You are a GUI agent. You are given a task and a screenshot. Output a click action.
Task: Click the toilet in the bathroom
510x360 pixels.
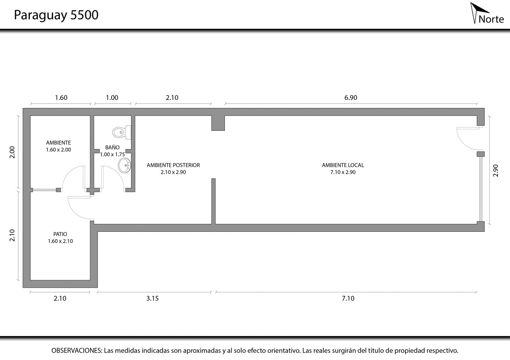tap(122, 132)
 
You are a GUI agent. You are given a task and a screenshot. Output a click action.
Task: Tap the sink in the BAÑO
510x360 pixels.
tap(124, 165)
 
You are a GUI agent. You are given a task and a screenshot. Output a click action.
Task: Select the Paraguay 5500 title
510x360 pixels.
tap(56, 15)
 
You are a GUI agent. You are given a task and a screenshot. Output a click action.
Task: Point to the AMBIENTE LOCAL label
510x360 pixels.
tap(343, 165)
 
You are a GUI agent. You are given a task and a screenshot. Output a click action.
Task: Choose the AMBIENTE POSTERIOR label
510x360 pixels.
tap(173, 165)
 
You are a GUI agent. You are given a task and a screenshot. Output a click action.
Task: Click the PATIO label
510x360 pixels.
tap(60, 234)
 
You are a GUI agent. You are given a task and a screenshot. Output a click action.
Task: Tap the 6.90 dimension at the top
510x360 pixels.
tap(351, 97)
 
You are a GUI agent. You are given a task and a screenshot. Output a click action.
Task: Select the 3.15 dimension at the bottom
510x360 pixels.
tap(152, 298)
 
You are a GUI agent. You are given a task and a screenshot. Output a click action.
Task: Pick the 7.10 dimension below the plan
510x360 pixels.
tap(348, 298)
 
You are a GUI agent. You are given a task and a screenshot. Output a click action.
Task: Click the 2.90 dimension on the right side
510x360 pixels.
tap(496, 170)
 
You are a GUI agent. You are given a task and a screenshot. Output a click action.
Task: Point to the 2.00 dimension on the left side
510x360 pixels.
tap(12, 152)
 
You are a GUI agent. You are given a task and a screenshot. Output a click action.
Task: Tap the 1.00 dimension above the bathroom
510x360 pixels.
tap(112, 97)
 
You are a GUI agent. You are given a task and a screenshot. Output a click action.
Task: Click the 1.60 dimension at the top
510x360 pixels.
tap(61, 97)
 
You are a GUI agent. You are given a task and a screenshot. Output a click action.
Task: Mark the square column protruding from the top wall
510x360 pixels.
tap(218, 123)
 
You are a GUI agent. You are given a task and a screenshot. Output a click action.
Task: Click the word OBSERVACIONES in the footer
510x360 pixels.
tap(77, 350)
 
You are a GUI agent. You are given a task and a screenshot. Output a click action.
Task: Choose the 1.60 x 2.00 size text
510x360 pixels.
tap(58, 150)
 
